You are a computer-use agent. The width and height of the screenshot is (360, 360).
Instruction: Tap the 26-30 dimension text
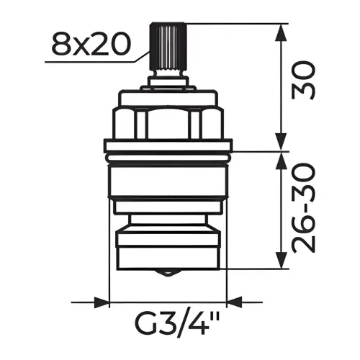coord(303,208)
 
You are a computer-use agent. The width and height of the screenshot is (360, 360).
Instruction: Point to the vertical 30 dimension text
coord(303,81)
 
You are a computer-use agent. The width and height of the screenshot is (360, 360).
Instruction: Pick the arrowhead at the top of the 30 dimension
coord(282,32)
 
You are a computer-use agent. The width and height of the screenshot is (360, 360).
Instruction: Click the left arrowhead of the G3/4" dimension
coord(102,302)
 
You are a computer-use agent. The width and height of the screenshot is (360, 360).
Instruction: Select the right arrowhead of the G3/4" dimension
coord(235,302)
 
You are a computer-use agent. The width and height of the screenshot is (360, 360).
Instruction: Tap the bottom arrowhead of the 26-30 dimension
coord(282,260)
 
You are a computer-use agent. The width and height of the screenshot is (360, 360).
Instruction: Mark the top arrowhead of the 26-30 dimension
coord(282,161)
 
